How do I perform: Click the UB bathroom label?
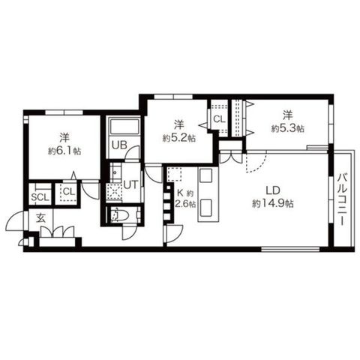pos(119,145)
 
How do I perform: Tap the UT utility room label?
pos(130,185)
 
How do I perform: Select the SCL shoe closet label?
pos(40,197)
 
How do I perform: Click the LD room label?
pos(273,191)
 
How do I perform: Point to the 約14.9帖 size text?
pos(273,204)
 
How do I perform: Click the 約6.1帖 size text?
pos(64,151)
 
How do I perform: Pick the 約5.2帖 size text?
pos(179,138)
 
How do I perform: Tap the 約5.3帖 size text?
pos(288,128)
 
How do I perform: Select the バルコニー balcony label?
pos(342,199)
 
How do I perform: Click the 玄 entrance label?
pos(41,218)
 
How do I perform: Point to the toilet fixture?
pos(119,214)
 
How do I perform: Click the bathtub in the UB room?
pos(124,127)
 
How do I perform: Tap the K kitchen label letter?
pos(180,193)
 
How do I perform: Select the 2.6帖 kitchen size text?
pos(185,204)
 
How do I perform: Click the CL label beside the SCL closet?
pos(69,192)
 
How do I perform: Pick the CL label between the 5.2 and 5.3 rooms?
pos(219,119)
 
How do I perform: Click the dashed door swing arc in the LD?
pos(260,166)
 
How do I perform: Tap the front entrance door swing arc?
pos(13,219)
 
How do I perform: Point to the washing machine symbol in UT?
pos(114,193)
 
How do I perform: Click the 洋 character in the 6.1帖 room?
pos(64,137)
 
